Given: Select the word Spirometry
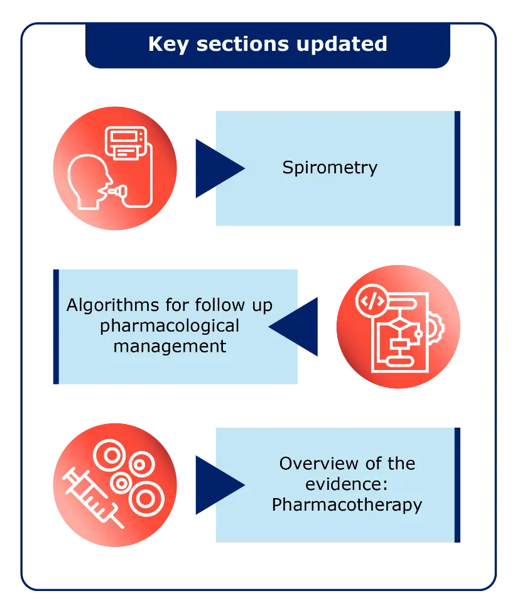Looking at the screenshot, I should click(330, 168).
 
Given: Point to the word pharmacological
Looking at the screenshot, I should click(170, 326).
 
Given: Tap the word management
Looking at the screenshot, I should click(170, 345).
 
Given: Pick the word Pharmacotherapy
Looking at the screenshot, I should click(347, 504).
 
